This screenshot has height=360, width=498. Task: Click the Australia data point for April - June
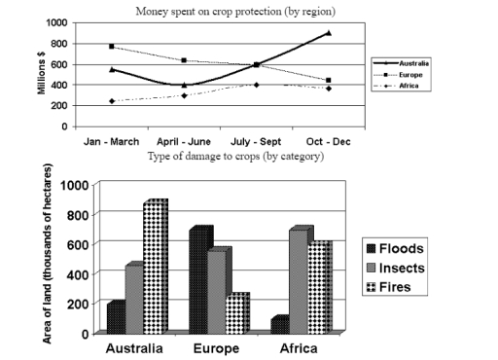(x=184, y=85)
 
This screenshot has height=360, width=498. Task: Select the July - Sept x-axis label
(x=256, y=140)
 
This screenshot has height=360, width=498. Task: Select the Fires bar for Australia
(x=156, y=268)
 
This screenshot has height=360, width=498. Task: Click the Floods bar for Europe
(x=200, y=282)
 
